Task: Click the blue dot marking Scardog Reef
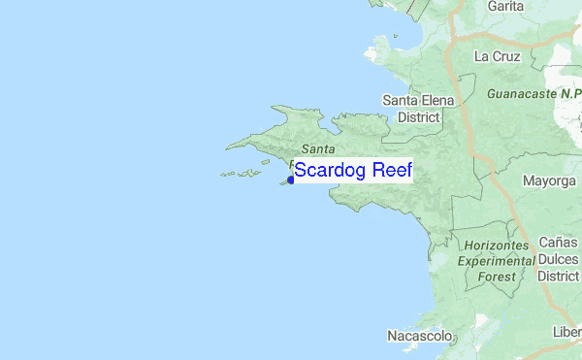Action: pos(290,180)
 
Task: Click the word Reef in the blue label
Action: pos(391,172)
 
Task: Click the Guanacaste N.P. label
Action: pos(528,95)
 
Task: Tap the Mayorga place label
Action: pos(549,181)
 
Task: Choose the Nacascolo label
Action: pos(420,337)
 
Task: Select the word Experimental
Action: pos(498,261)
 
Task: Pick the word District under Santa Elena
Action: pos(417,116)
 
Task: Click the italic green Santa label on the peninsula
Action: pos(318,148)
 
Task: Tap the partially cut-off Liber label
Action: pos(567,333)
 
